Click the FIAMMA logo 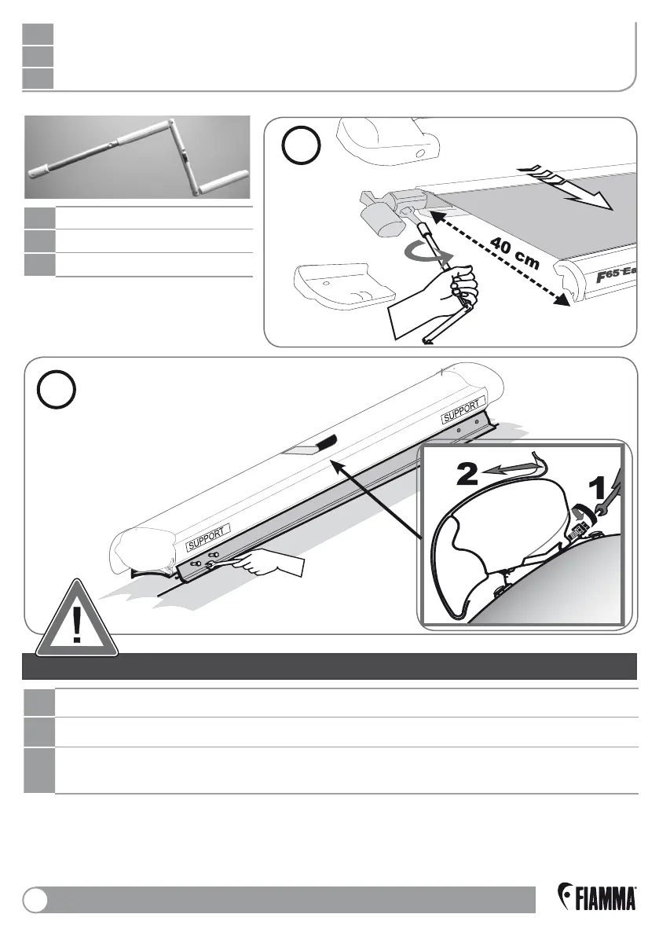coord(596,897)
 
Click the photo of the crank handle coord(137,156)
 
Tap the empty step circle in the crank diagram coord(301,148)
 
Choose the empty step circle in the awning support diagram coord(57,390)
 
